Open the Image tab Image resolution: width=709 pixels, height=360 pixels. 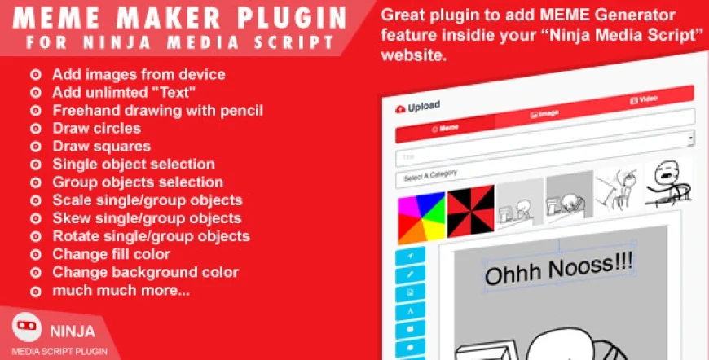point(544,114)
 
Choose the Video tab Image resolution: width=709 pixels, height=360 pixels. point(644,100)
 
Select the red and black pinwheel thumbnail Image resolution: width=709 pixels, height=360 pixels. point(469,213)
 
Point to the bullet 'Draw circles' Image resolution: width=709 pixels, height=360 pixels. point(96,128)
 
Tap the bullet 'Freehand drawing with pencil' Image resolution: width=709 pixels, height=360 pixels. point(157,110)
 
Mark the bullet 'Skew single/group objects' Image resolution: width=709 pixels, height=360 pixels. point(147,218)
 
